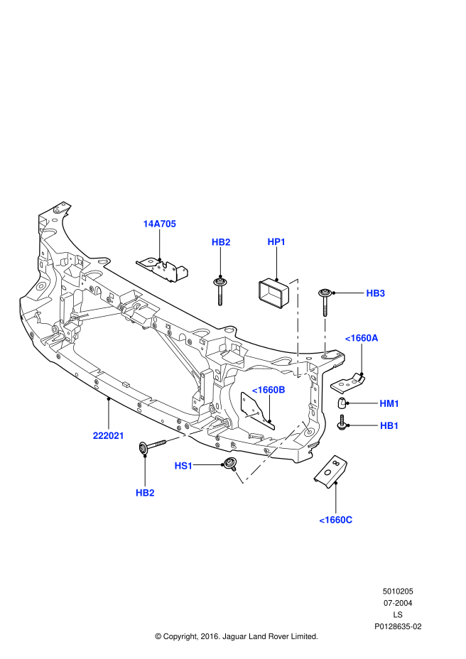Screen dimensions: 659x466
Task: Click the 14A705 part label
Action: pyautogui.click(x=159, y=224)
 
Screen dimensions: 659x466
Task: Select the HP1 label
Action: pyautogui.click(x=276, y=242)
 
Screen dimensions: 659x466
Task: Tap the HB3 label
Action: pyautogui.click(x=375, y=293)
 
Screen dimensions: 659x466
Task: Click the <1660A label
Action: pyautogui.click(x=362, y=338)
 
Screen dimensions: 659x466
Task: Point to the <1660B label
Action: pyautogui.click(x=269, y=390)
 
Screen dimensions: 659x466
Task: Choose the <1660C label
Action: pyautogui.click(x=335, y=520)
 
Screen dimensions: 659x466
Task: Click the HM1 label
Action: pyautogui.click(x=389, y=403)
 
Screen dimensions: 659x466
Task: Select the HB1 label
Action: pyautogui.click(x=389, y=425)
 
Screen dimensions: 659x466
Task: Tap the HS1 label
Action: pyautogui.click(x=183, y=466)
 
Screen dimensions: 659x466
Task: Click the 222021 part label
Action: pyautogui.click(x=108, y=435)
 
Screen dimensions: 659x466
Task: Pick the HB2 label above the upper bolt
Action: pyautogui.click(x=221, y=242)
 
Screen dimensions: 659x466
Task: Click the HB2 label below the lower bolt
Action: pyautogui.click(x=145, y=493)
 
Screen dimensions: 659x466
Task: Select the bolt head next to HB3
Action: pyautogui.click(x=325, y=293)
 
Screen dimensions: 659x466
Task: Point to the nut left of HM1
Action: pyautogui.click(x=342, y=404)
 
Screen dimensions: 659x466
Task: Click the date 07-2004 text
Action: pyautogui.click(x=398, y=603)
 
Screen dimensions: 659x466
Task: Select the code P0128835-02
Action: pyautogui.click(x=398, y=626)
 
